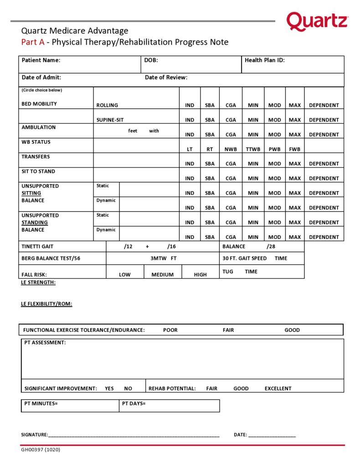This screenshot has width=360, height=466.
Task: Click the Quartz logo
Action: click(x=317, y=21)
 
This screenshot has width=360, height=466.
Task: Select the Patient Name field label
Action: click(x=41, y=60)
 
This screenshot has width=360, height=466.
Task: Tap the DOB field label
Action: click(x=151, y=60)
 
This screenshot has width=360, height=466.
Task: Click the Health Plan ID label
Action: click(x=265, y=60)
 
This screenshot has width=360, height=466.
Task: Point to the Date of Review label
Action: click(x=166, y=78)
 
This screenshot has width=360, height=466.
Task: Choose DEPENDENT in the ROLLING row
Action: click(x=324, y=105)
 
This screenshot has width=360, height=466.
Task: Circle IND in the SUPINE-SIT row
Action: click(x=190, y=120)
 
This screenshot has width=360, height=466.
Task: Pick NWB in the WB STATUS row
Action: click(x=231, y=149)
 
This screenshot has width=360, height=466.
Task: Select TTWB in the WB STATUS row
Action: click(x=253, y=149)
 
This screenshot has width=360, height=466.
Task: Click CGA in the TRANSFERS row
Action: click(x=231, y=164)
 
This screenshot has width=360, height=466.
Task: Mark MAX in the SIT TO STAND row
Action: click(x=295, y=178)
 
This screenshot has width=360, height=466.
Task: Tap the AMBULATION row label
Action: click(x=39, y=127)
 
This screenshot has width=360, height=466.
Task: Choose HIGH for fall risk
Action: click(x=200, y=274)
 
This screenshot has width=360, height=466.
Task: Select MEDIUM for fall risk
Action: click(x=163, y=274)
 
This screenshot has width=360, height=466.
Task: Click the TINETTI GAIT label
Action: click(x=37, y=246)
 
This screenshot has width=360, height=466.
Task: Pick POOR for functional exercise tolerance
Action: click(x=170, y=330)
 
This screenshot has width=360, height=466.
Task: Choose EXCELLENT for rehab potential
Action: click(x=278, y=388)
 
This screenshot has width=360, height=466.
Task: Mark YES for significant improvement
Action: click(x=109, y=388)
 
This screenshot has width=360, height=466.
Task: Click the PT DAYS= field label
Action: click(x=134, y=404)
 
